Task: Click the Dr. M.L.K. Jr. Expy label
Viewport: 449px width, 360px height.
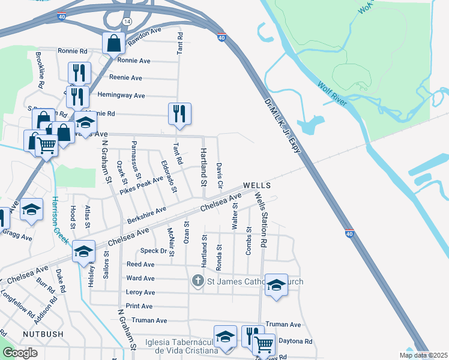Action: tap(281, 125)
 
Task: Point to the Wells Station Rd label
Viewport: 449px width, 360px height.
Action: tap(261, 220)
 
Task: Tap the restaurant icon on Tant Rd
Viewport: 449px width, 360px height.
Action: tap(179, 113)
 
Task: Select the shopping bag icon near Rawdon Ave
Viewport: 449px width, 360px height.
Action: tap(113, 43)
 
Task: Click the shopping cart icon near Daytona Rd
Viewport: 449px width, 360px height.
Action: tap(263, 344)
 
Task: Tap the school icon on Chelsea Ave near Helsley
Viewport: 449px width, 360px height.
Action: tap(83, 251)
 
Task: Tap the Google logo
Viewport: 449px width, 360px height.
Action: tap(20, 353)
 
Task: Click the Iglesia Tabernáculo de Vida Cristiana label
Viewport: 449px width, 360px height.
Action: tap(180, 347)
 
